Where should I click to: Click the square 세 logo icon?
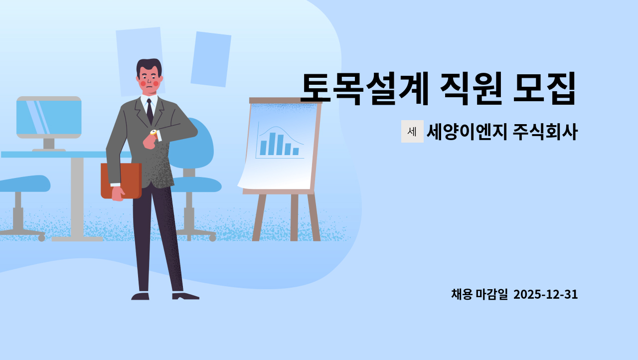pyautogui.click(x=412, y=132)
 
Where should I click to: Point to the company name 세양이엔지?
pyautogui.click(x=467, y=132)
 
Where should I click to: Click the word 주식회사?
pyautogui.click(x=545, y=132)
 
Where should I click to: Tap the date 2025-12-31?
pyautogui.click(x=545, y=295)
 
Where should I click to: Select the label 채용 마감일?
pyautogui.click(x=479, y=295)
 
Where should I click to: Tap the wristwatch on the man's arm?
pyautogui.click(x=154, y=133)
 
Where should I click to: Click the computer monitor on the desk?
pyautogui.click(x=49, y=118)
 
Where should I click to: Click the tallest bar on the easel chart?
pyautogui.click(x=272, y=144)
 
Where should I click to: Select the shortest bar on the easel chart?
pyautogui.click(x=296, y=151)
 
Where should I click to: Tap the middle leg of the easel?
pyautogui.click(x=294, y=217)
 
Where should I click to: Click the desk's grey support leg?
pyautogui.click(x=77, y=197)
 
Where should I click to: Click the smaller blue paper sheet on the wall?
pyautogui.click(x=211, y=59)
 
